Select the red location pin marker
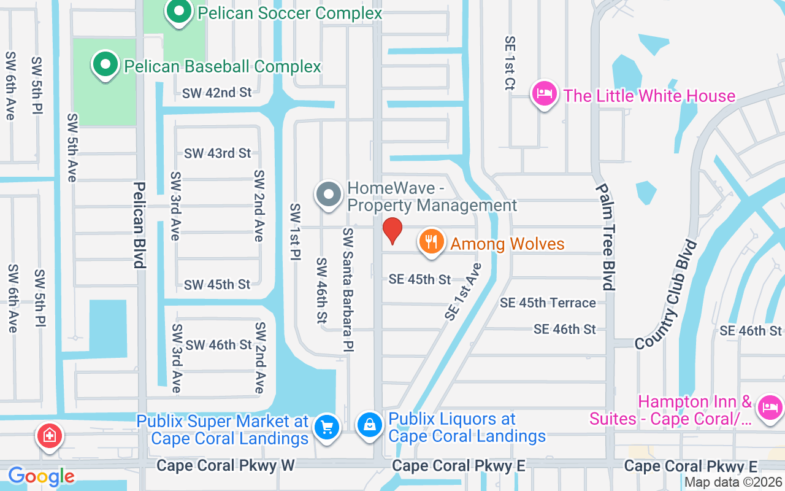click(x=392, y=231)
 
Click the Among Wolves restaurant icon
click(x=431, y=242)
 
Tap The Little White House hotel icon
click(x=545, y=95)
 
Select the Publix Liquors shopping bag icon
click(x=370, y=424)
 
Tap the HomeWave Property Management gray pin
click(x=329, y=195)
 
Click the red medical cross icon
click(x=50, y=436)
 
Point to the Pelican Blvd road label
click(x=139, y=225)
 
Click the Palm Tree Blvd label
click(x=605, y=237)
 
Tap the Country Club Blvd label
click(x=667, y=295)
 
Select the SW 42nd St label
click(x=217, y=93)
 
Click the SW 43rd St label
click(x=217, y=153)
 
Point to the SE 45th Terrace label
click(x=548, y=303)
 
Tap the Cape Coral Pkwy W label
click(x=226, y=465)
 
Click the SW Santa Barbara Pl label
click(x=348, y=290)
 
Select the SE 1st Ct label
click(x=510, y=63)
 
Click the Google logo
click(x=41, y=476)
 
